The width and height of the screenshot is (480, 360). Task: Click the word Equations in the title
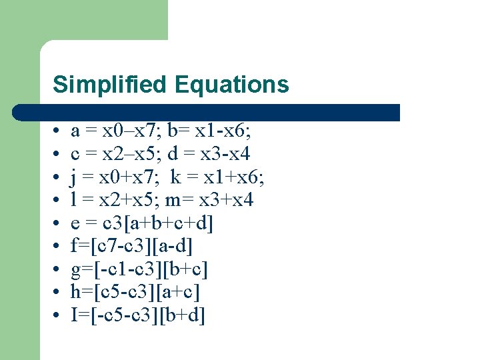tap(231, 85)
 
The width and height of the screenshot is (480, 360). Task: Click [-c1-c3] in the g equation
tap(125, 269)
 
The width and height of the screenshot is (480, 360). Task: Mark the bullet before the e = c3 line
tap(59, 223)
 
